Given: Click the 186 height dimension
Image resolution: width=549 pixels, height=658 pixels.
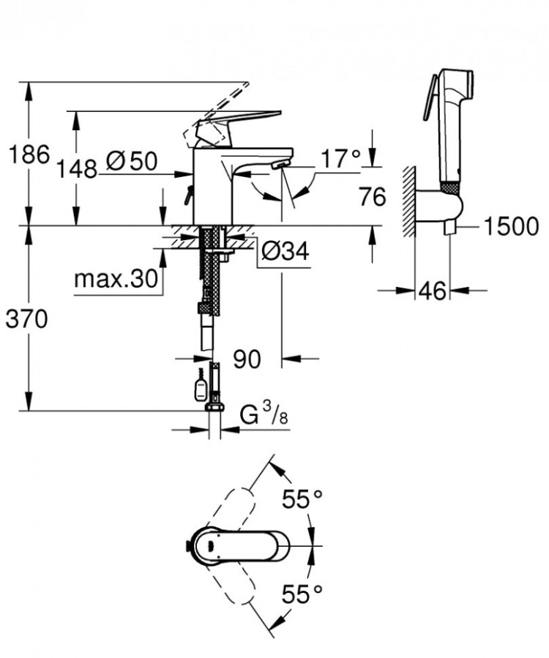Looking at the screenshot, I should pos(28,154).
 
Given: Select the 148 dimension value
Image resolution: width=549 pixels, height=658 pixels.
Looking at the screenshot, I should pos(78,170).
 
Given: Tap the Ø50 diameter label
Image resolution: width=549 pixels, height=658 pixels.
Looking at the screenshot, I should pos(131,161).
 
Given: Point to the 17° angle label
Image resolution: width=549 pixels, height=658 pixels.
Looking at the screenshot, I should pos(340,157).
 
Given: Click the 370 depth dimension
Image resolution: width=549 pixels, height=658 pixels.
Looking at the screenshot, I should pos(28,319).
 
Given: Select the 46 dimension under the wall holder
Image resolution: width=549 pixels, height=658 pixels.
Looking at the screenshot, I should pos(432,291).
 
